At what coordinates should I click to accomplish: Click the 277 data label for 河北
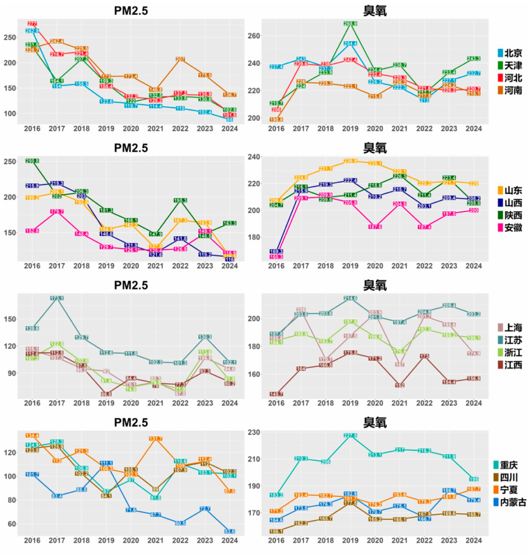[x=32, y=24]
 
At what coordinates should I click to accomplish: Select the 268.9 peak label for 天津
[x=350, y=24]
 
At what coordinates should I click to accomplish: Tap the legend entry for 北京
[x=509, y=53]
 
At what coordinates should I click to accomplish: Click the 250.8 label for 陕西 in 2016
[x=32, y=161]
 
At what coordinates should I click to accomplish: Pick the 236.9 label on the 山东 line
[x=350, y=161]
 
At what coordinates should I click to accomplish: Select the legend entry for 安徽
[x=509, y=227]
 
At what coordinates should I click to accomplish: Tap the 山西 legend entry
[x=509, y=203]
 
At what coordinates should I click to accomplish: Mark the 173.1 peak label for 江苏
[x=56, y=298]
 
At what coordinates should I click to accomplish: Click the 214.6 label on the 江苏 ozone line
[x=350, y=298]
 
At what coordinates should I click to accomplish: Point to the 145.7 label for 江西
[x=277, y=394]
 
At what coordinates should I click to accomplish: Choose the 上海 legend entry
[x=509, y=328]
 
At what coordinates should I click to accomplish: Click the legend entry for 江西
[x=509, y=364]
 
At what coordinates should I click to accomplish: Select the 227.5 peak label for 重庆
[x=350, y=436]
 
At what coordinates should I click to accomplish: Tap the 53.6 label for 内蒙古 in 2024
[x=229, y=531]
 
